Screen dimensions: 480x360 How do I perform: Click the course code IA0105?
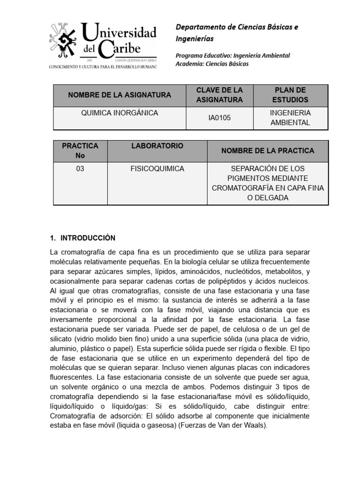[x=219, y=118]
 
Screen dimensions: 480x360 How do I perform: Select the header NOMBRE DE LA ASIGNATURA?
[x=120, y=95]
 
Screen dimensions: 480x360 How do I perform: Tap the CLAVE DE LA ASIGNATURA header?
[x=219, y=95]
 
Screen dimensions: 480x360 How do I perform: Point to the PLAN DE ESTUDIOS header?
[x=290, y=95]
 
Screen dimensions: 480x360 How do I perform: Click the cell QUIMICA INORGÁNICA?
[x=120, y=113]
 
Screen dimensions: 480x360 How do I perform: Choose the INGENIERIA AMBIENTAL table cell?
[x=290, y=118]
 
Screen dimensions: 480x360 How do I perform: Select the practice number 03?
[x=80, y=169]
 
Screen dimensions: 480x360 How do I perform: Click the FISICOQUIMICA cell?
[x=157, y=169]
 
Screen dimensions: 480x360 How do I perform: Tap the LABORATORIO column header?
[x=157, y=146]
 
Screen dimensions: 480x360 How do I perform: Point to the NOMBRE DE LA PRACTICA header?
[x=268, y=151]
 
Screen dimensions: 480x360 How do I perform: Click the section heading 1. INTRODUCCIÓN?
[x=82, y=238]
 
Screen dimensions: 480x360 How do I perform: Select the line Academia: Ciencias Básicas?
[x=212, y=64]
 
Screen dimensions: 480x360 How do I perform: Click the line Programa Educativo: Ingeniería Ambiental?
[x=232, y=55]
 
